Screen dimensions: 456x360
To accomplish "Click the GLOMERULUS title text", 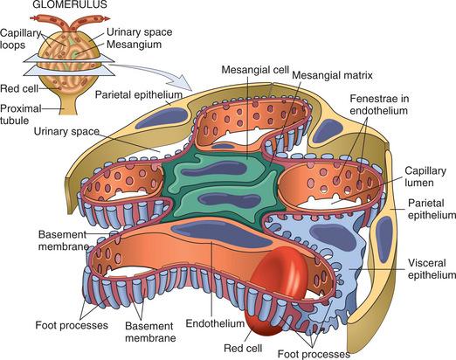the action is pos(70,4).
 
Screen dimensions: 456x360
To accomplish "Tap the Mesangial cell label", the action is pos(255,70).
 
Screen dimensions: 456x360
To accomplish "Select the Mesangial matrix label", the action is pos(332,75).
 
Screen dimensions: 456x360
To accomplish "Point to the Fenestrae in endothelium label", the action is pos(379,105).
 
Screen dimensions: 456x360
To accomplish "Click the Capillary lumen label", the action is pos(425,177).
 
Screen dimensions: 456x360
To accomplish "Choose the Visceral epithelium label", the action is pos(432,269).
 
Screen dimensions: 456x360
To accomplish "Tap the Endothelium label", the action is pos(215,323).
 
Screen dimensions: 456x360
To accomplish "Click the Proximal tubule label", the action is pos(20,114).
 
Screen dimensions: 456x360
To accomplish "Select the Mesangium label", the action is pos(134,45).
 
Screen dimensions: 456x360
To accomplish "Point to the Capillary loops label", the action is pos(20,38).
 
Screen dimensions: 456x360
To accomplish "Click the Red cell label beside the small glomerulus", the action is pos(19,88).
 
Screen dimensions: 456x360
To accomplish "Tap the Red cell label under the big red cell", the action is pos(243,349).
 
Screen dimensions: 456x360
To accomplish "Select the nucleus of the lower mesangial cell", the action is pos(229,201).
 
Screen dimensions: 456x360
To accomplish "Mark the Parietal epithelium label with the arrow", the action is pos(139,94).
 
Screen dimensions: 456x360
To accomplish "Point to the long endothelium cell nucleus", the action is pos(221,233).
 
